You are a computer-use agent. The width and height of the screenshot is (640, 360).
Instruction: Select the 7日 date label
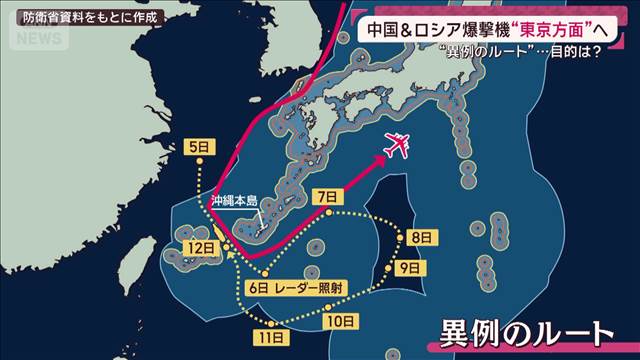tap(325, 196)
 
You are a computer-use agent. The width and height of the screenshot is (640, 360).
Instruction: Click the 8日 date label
tap(421, 237)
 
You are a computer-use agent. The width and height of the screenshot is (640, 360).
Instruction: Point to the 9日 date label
tap(409, 268)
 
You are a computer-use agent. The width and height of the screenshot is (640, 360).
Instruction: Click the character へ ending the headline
tap(604, 29)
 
